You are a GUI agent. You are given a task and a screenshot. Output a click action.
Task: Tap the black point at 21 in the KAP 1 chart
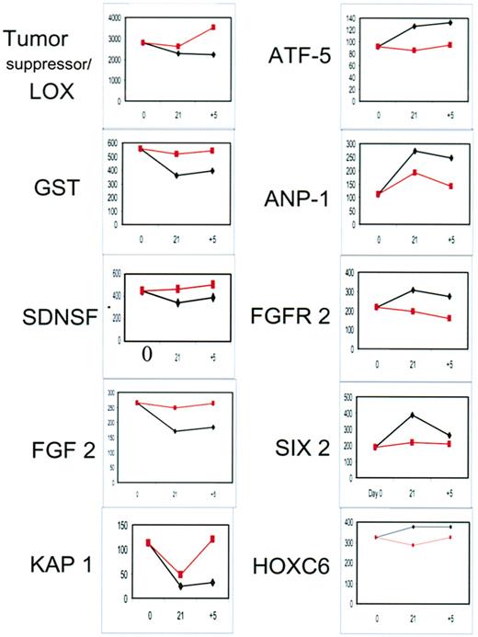coord(180,586)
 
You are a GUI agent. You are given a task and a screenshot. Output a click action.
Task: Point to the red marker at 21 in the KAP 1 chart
coord(180,574)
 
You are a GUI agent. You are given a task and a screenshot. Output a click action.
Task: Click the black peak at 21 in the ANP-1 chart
coord(413,151)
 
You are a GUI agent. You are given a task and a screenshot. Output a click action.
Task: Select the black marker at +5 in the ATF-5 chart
coord(450,22)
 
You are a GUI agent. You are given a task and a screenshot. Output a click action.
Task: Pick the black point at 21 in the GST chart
coord(177,176)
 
